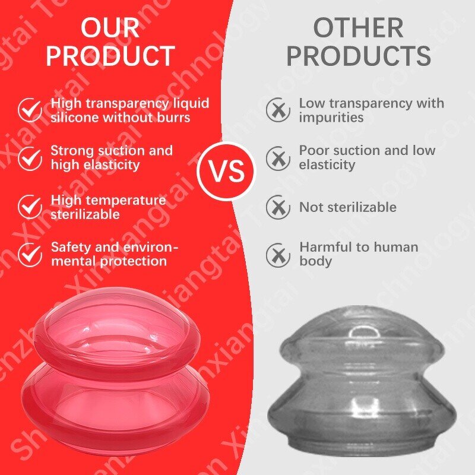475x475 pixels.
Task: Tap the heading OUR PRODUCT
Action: (x=110, y=42)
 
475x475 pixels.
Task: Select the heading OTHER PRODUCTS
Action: (x=358, y=42)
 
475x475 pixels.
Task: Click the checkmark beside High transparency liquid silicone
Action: (x=30, y=110)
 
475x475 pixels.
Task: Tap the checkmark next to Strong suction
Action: (x=30, y=158)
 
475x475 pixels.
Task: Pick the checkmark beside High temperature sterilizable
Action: (x=30, y=206)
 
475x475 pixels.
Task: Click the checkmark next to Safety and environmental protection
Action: (x=30, y=254)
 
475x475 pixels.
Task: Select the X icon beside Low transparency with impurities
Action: (x=278, y=110)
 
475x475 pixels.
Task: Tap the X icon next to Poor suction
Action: (x=278, y=158)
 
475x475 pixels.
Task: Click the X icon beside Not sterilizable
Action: (x=278, y=207)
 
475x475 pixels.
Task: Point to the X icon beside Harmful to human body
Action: (x=278, y=254)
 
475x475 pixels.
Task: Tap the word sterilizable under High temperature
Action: (x=85, y=214)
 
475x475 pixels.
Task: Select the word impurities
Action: (x=331, y=118)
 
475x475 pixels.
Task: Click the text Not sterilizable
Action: (x=347, y=207)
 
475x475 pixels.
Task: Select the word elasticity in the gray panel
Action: (x=327, y=165)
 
